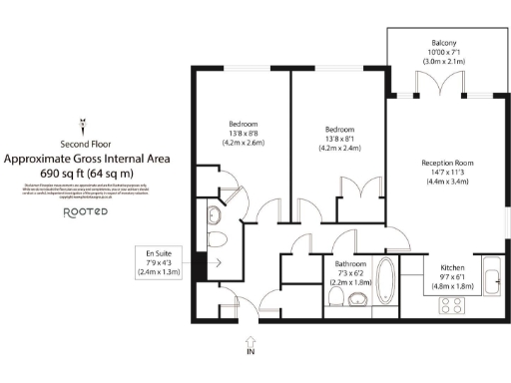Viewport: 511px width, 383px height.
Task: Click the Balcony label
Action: pos(444,43)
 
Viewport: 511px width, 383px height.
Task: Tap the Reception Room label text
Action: pos(446,163)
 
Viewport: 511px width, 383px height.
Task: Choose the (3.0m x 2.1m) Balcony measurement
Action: pos(444,61)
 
